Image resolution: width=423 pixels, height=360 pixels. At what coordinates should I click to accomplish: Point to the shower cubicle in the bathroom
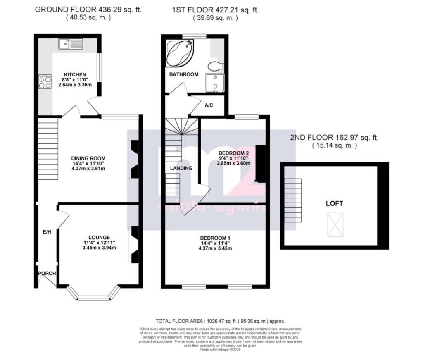click(214, 82)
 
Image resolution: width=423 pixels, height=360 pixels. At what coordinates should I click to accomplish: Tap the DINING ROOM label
click(88, 158)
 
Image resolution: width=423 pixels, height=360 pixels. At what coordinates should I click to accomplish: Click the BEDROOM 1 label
click(215, 238)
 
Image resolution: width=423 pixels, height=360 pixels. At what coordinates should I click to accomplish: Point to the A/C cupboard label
click(209, 105)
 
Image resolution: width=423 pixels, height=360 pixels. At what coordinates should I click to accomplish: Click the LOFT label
click(334, 203)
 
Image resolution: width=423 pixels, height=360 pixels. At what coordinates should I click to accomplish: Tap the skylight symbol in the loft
click(335, 224)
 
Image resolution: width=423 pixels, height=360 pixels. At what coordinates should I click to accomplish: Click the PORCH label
click(47, 274)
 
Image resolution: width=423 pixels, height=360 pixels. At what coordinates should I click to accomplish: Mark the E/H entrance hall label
click(47, 232)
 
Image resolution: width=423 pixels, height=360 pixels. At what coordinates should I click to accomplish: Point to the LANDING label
click(181, 168)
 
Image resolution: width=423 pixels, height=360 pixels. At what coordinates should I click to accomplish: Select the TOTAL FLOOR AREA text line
click(220, 321)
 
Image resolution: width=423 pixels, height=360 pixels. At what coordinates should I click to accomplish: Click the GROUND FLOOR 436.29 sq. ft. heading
click(88, 10)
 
